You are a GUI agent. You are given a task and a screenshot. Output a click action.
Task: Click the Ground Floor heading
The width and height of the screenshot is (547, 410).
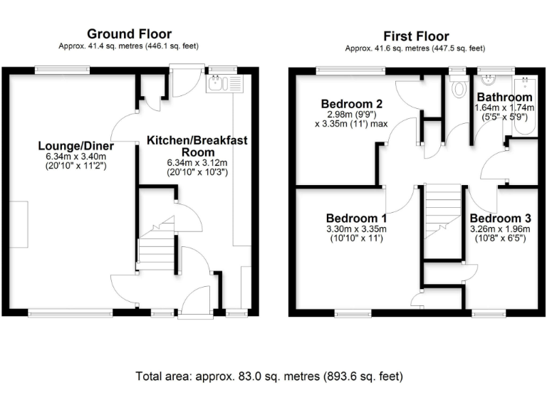[129, 34]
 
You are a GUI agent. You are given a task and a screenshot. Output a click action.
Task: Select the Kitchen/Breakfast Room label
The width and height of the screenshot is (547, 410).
[197, 146]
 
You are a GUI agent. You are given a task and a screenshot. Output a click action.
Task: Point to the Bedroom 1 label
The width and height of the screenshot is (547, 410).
[356, 218]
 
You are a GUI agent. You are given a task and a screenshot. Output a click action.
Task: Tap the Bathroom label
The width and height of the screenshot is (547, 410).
[504, 97]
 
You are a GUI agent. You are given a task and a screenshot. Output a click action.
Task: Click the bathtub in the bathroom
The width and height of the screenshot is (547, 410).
[527, 107]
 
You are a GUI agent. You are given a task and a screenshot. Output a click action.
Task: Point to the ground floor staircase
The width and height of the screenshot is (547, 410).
[156, 249]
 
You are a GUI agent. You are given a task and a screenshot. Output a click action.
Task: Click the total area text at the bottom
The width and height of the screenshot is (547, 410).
[270, 376]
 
